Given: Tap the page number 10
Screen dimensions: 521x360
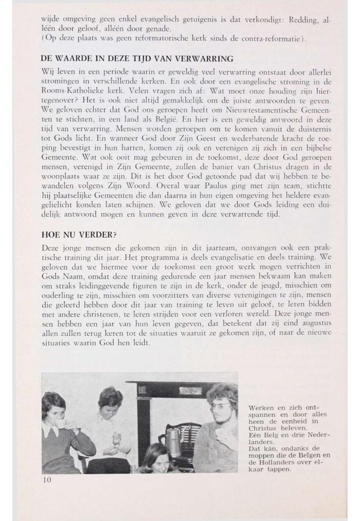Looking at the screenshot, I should pos(47,480).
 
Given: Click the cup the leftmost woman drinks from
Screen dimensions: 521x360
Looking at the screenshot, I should pos(61,422).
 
